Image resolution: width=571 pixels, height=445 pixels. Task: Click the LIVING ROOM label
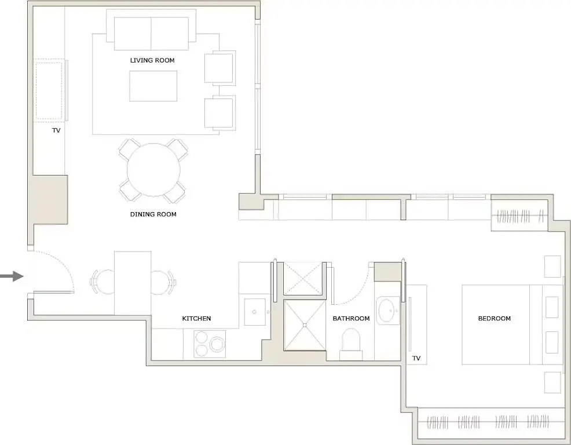tap(152, 60)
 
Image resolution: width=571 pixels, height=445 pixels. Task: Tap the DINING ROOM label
tap(153, 214)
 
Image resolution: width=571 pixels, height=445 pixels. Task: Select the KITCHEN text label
tap(196, 319)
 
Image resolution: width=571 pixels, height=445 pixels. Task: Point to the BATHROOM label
tap(351, 319)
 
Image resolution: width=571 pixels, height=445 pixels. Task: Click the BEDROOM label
tap(494, 319)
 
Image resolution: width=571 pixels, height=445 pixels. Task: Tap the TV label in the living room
tap(56, 131)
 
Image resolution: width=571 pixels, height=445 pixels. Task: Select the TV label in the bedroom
tap(416, 359)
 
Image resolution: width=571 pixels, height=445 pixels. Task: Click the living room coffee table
tap(153, 86)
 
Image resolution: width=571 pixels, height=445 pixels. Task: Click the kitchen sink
tap(255, 313)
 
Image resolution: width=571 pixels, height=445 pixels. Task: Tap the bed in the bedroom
tap(504, 324)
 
